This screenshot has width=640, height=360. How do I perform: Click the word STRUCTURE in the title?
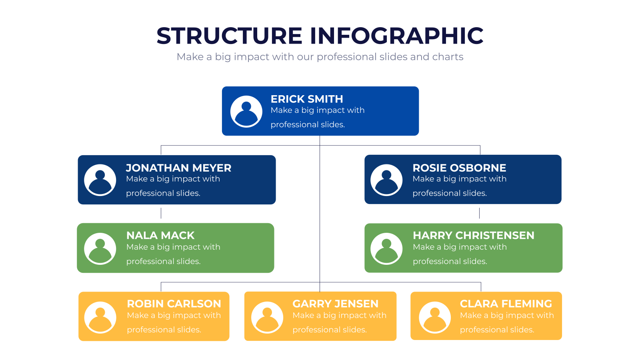click(x=230, y=36)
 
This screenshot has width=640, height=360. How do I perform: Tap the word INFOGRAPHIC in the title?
click(x=396, y=36)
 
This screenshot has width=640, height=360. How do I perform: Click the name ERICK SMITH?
click(x=307, y=99)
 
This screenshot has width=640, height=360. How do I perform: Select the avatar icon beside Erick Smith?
click(x=246, y=112)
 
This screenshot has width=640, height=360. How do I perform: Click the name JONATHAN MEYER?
click(x=178, y=168)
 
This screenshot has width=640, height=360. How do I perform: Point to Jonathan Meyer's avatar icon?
click(x=100, y=180)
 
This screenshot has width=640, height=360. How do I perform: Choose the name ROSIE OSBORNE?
click(x=459, y=168)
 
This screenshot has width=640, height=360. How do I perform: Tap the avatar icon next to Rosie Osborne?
click(x=386, y=180)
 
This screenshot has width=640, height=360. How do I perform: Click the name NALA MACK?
click(x=160, y=236)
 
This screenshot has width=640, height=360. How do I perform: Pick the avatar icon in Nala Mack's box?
click(x=100, y=248)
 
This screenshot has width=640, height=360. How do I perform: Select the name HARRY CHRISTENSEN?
click(x=474, y=236)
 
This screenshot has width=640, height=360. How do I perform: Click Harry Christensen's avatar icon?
click(x=386, y=248)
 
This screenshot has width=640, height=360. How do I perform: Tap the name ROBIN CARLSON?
click(x=174, y=304)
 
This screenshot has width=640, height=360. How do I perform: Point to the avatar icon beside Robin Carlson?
click(x=100, y=318)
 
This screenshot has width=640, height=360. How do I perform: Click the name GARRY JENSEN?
click(x=336, y=304)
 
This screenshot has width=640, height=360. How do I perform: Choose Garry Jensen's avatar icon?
click(x=267, y=318)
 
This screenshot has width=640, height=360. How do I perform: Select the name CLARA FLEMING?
click(x=506, y=304)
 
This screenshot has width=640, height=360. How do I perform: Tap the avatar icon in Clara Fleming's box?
click(x=435, y=318)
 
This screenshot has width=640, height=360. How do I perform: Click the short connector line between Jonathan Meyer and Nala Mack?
click(x=161, y=213)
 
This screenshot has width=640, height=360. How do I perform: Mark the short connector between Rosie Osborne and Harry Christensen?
click(x=480, y=213)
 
